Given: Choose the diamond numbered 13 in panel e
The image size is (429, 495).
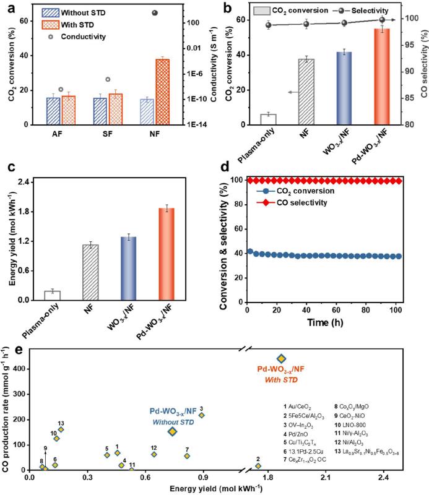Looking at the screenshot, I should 61,429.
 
